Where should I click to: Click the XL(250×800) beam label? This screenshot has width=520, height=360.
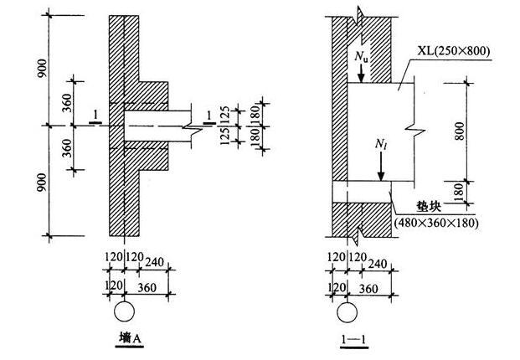coord(453,51)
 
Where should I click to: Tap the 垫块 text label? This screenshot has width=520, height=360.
coord(429,206)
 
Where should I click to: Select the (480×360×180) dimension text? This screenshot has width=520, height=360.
coord(436,223)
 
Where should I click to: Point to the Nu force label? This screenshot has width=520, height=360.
coord(361,56)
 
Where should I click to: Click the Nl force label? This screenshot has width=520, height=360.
coord(381,144)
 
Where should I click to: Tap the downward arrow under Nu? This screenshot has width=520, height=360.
coord(361,73)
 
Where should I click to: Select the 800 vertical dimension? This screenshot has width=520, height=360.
coord(460,131)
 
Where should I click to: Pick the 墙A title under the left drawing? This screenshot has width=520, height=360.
coord(130,338)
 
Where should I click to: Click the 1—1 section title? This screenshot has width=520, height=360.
coord(354,339)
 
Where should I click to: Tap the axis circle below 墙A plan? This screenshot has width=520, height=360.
coord(125,311)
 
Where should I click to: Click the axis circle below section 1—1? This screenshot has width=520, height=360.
coord(348,312)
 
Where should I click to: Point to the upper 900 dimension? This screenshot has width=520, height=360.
coord(42,69)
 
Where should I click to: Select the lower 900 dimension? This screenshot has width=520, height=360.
coord(42,183)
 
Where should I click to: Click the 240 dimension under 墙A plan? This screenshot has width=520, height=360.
coord(155,262)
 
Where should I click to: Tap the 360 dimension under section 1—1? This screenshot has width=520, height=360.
coord(368,288)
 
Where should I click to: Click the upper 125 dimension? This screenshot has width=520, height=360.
coord(225,115)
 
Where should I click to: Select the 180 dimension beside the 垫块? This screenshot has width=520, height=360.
coord(459,193)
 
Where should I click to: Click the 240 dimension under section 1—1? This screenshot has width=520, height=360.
coord(378,264)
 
